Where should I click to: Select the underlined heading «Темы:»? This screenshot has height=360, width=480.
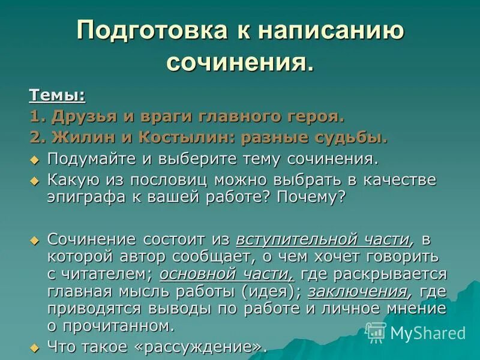[x=57, y=94]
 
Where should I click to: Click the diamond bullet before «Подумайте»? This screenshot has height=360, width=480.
[x=35, y=160]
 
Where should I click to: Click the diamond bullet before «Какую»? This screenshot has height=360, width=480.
[x=35, y=181]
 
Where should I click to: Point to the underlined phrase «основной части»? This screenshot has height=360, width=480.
[x=226, y=274]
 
